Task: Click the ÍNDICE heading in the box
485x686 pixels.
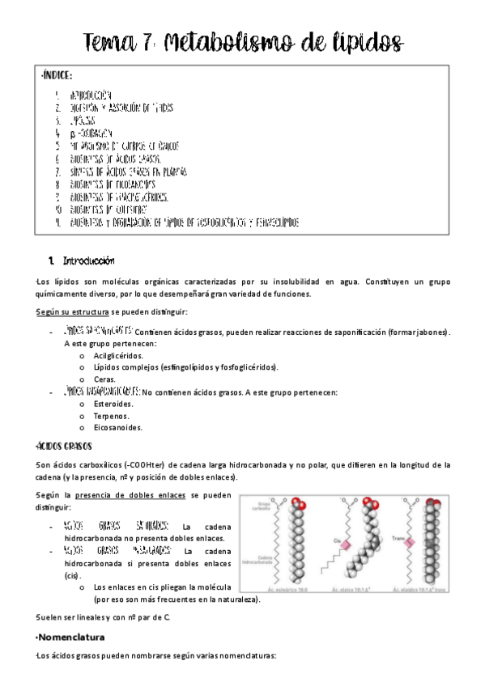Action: (x=57, y=76)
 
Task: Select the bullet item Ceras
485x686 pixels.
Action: (x=104, y=379)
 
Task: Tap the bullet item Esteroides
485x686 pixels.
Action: (x=114, y=403)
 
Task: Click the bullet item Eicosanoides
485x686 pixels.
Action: (x=118, y=427)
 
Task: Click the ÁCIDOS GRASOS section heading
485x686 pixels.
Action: (x=65, y=446)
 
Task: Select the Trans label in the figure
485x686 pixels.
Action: (x=398, y=537)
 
